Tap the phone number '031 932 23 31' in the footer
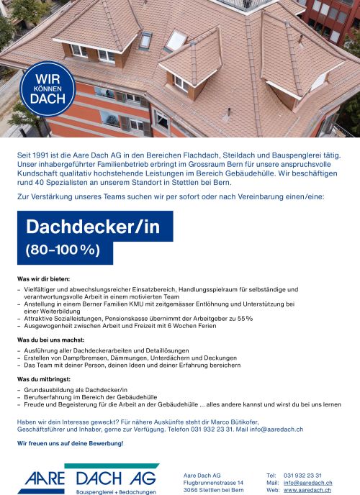tap(303, 475)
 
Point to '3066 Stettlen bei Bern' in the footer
tap(214, 489)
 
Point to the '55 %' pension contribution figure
tap(246, 317)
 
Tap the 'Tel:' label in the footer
tap(271, 475)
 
